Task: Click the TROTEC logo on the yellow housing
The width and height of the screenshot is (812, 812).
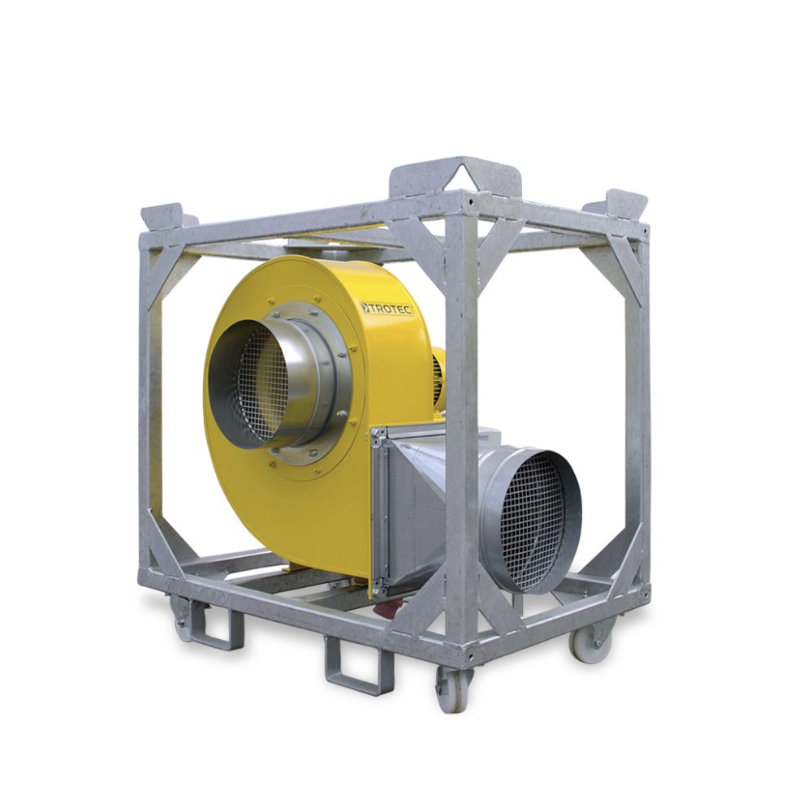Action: [387, 309]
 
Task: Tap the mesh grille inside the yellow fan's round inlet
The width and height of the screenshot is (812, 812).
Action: [262, 387]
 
